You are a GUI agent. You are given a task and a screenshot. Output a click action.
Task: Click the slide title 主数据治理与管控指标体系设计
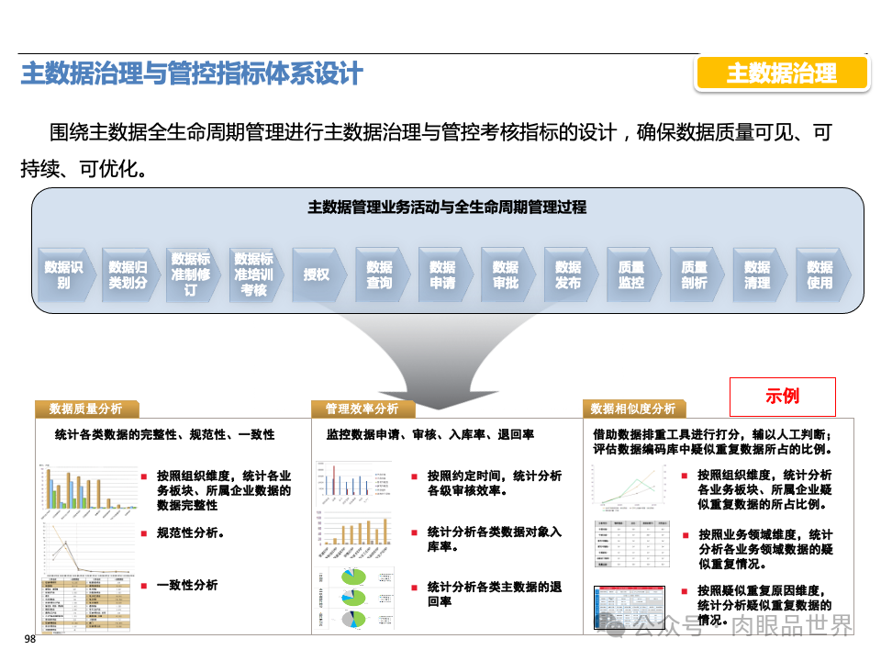point(192,74)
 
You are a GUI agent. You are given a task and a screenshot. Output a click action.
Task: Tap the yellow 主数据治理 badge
point(781,73)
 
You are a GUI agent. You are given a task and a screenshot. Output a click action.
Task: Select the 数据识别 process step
point(63,274)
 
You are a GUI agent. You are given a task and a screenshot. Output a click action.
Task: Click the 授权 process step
point(317,274)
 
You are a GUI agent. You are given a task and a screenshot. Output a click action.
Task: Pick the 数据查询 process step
point(379,274)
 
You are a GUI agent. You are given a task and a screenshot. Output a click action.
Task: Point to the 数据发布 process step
point(568,274)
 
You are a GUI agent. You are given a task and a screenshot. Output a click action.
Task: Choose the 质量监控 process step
point(631,274)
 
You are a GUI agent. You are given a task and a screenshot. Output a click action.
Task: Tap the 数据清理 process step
point(757,274)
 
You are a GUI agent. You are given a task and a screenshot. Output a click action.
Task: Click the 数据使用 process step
point(820,274)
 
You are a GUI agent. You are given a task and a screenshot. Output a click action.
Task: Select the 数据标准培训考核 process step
point(253,274)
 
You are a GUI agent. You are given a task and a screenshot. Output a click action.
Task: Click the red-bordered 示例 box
point(782,397)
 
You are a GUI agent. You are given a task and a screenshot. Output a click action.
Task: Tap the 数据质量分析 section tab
point(85,409)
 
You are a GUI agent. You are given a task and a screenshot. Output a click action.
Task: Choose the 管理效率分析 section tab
point(362,409)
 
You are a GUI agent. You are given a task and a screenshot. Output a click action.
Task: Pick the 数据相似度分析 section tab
point(632,409)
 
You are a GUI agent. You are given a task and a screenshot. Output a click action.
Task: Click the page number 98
point(29,640)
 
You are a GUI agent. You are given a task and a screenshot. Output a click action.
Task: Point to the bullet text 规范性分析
point(191,532)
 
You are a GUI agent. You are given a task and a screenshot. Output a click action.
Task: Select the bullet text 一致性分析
point(187,585)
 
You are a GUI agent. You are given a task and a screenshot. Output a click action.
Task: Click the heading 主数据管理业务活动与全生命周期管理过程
point(447,207)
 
